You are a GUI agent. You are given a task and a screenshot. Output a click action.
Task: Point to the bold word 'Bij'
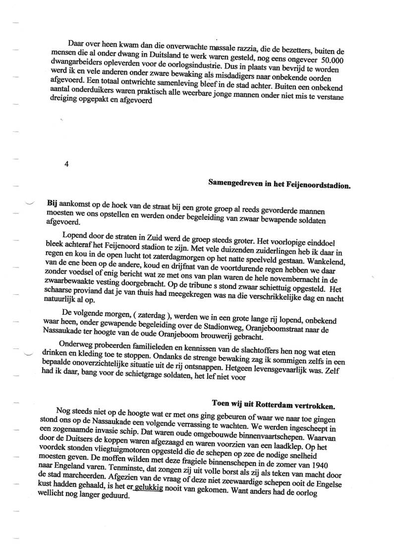(52, 203)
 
